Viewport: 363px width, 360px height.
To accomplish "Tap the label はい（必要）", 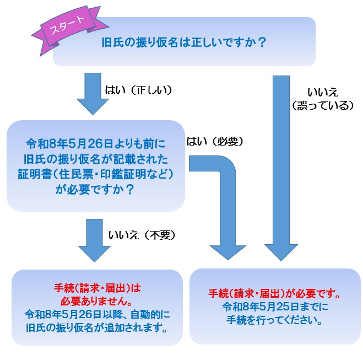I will coord(215,142).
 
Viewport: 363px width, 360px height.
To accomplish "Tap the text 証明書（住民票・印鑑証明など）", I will coord(95,174).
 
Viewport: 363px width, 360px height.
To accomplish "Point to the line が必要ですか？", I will coord(95,188).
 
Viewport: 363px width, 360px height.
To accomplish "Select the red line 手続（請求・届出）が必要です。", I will coord(274,293).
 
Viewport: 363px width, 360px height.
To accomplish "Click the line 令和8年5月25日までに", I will coord(274,307).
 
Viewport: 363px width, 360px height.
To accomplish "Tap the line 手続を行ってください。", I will coord(274,320).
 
